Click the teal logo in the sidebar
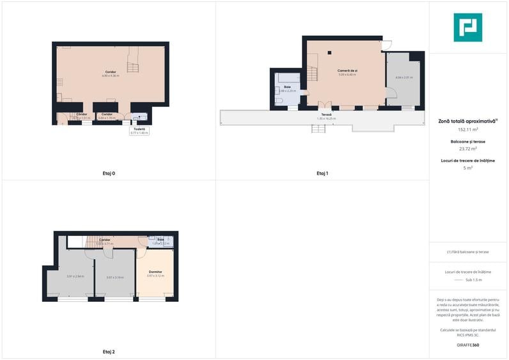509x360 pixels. point(467,27)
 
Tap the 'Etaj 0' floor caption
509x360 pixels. point(108,173)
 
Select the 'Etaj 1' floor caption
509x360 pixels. point(322,173)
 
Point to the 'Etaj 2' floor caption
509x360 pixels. point(108,352)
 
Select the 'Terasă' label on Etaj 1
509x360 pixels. point(326,114)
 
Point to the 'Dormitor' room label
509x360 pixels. point(155,272)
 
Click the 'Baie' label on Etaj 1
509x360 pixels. point(287,86)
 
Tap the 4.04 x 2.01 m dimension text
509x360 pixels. point(403,77)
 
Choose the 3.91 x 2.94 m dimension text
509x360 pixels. point(75,277)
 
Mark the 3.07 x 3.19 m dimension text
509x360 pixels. point(115,277)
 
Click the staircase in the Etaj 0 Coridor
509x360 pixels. point(132,63)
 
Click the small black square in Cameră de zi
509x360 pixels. point(329,52)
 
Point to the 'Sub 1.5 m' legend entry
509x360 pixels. point(473,280)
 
